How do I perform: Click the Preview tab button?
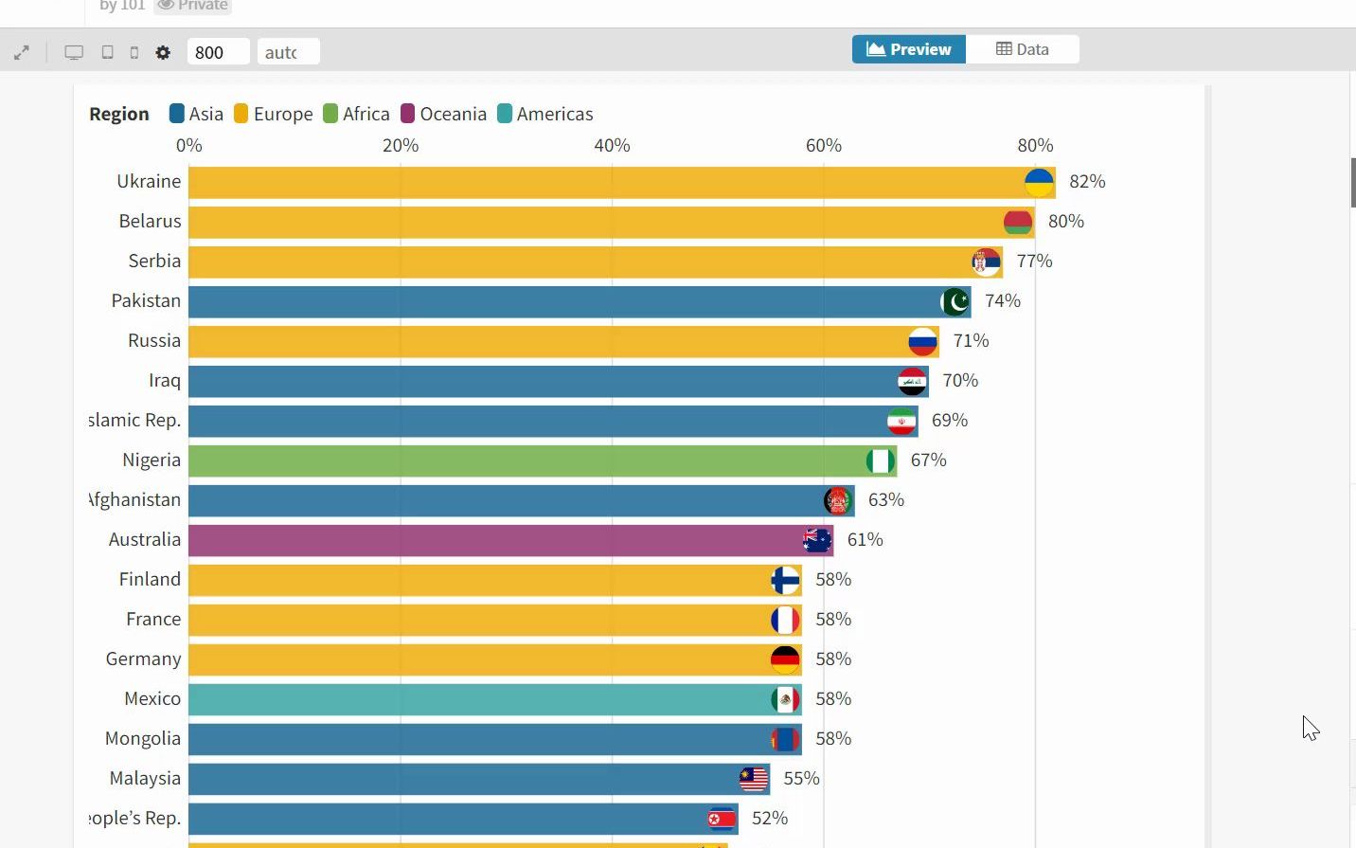coord(908,49)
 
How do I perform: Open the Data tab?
coord(1022,49)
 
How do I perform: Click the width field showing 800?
coord(218,52)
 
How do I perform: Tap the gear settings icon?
coord(163,52)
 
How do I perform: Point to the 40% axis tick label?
coord(612,145)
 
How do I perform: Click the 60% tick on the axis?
coord(823,145)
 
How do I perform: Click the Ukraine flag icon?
coord(1039,182)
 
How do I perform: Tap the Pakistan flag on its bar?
coord(955,301)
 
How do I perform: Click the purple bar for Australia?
coord(492,540)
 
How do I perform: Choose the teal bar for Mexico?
coord(473,699)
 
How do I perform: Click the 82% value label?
coord(1087,181)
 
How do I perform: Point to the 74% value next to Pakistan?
coord(1002,300)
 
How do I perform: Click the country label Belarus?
coord(150,221)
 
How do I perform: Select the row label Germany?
coord(143,659)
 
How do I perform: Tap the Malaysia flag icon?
coord(754,779)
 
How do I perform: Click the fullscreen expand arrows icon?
coord(22,53)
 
